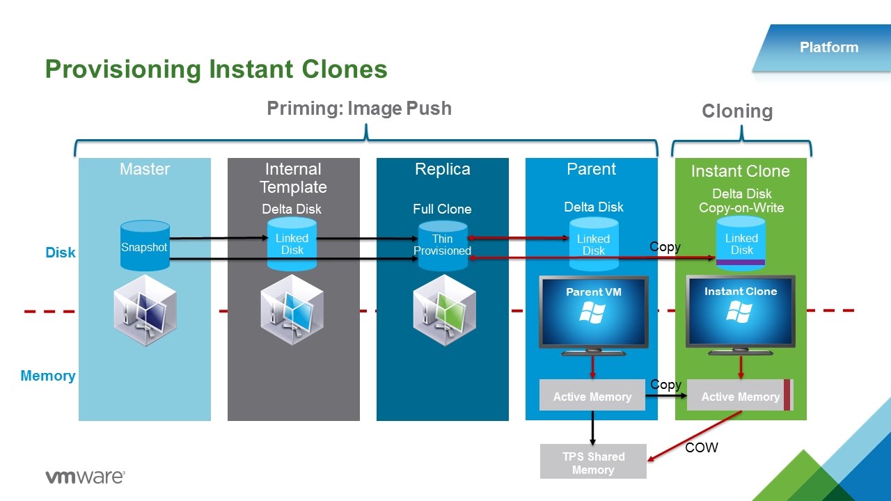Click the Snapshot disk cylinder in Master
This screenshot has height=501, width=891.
click(145, 246)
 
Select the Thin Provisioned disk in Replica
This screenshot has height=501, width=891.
click(443, 245)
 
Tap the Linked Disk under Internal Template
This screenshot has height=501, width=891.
click(292, 244)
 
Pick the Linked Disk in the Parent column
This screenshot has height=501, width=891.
click(594, 244)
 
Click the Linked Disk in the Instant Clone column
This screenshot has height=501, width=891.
click(741, 243)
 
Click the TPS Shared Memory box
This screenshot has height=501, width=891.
click(593, 462)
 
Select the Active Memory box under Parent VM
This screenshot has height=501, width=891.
click(592, 396)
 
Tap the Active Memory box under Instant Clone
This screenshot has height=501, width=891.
click(740, 396)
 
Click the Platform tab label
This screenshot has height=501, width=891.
click(828, 47)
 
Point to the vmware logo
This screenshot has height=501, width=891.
click(85, 477)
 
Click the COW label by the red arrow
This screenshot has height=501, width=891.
click(701, 447)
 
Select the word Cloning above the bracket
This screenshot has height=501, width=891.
click(737, 111)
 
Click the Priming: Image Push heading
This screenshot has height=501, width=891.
click(359, 109)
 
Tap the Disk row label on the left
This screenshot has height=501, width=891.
click(61, 253)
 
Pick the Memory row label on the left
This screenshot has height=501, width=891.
click(48, 376)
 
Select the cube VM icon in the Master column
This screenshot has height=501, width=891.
click(145, 310)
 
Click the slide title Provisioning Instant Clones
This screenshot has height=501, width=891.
click(216, 70)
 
